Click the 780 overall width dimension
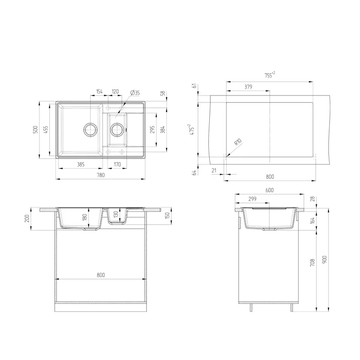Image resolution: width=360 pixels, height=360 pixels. coord(101,175)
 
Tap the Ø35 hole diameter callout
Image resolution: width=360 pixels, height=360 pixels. coord(135,93)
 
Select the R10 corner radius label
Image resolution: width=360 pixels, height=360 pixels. coord(238,142)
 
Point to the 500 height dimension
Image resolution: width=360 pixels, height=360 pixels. coord(35,130)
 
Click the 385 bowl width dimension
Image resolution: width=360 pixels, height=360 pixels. coord(81,165)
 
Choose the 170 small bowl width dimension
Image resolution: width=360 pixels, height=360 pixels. coord(117,165)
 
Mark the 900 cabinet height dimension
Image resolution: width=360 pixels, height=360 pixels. coord(324,260)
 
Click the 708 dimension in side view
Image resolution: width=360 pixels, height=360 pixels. coord(312,262)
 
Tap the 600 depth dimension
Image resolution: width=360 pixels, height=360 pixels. coord(270,190)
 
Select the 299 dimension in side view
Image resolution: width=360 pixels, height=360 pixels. coord(252,199)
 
